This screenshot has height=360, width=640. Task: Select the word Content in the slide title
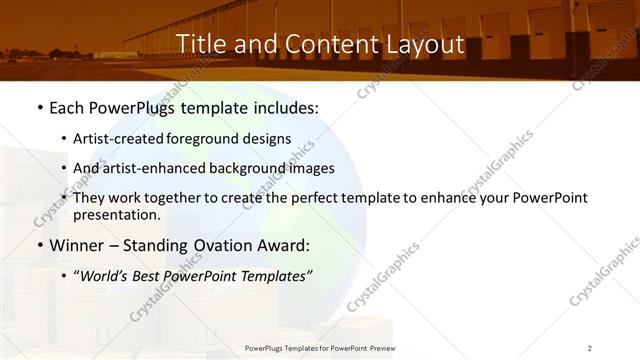coord(321,44)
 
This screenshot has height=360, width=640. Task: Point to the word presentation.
coord(116,214)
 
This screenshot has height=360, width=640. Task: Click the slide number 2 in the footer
coord(590,348)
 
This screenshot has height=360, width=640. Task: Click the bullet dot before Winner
coord(38,246)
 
